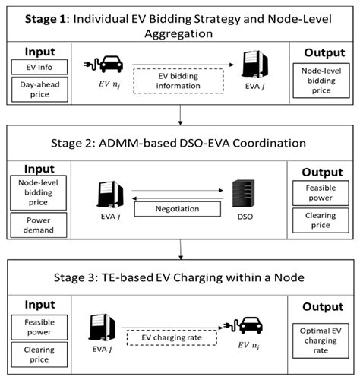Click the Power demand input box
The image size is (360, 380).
33,225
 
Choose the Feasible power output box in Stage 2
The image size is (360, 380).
323,192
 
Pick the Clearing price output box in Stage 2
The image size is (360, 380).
323,221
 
